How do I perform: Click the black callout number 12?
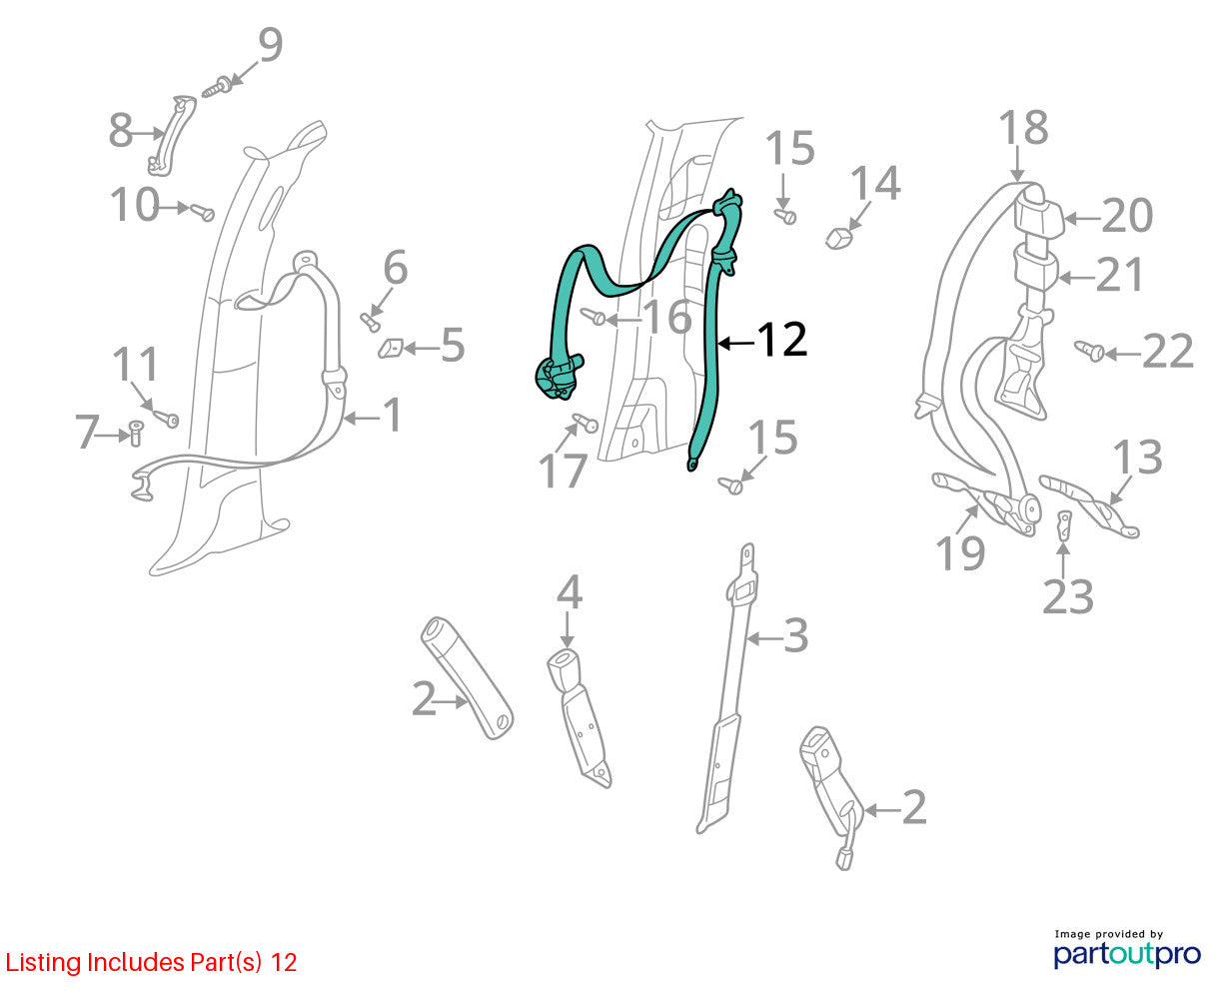(782, 340)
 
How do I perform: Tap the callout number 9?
(271, 44)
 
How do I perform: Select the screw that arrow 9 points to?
(216, 87)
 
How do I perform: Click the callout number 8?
(121, 130)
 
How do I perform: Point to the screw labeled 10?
(202, 212)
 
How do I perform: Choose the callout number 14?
(875, 183)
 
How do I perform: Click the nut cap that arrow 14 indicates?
(839, 237)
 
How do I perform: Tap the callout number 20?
(1127, 216)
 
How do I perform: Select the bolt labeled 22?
(1089, 350)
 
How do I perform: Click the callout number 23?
(1067, 596)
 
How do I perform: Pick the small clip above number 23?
(1064, 524)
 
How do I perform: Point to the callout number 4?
(570, 592)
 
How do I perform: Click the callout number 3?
(796, 635)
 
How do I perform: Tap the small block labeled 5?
(391, 348)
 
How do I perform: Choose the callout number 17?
(563, 471)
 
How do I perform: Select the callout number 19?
(960, 552)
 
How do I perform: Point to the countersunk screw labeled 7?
(136, 433)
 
